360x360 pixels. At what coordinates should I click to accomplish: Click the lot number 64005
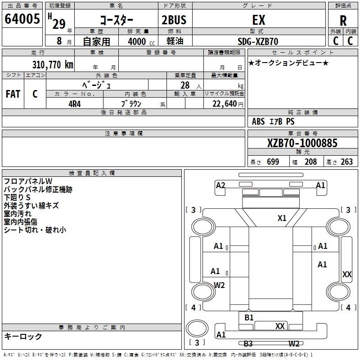pos(22,19)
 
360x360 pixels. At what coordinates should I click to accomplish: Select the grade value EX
pos(259,20)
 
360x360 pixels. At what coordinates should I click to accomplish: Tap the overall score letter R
pos(343,21)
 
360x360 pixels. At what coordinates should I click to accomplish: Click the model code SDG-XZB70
pos(258,41)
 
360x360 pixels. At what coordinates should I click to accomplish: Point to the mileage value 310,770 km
pos(53,64)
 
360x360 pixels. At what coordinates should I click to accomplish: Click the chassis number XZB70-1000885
pos(302,143)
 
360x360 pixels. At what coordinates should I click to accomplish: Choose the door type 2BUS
pos(174,20)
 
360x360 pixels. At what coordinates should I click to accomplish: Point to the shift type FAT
pos(13,94)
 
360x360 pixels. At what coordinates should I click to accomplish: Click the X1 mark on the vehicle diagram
pos(282,218)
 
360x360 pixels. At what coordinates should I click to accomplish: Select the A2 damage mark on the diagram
pos(220,185)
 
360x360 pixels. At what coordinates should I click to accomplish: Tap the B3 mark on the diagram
pos(248,344)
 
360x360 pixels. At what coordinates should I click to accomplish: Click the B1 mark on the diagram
pos(249,318)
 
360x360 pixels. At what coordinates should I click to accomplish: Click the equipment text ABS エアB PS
pos(273,121)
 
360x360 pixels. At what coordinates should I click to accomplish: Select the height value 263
pos(347,162)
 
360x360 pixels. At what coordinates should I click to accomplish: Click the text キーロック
pos(23,336)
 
